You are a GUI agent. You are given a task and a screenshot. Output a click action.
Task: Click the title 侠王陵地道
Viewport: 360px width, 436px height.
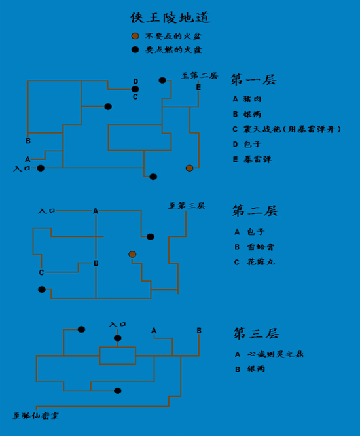click(x=170, y=18)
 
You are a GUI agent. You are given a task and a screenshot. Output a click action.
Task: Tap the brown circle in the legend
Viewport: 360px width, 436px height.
click(x=135, y=36)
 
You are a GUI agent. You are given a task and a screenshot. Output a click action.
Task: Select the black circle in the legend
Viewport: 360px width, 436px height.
click(x=135, y=50)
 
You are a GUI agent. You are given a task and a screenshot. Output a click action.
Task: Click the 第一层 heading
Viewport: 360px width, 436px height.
click(x=253, y=80)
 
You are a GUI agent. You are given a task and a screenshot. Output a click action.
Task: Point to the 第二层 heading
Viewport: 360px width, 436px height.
click(x=255, y=211)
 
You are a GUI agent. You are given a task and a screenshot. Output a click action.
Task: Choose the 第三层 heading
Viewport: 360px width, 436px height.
click(x=256, y=333)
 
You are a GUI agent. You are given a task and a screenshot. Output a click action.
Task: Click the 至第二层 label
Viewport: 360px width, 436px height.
click(x=200, y=76)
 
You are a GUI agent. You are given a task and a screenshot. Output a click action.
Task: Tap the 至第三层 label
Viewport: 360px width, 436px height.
click(x=187, y=206)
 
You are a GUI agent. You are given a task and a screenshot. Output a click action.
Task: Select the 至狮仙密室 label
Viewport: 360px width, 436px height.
click(x=36, y=416)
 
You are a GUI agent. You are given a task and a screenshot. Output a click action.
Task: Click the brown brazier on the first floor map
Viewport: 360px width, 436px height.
click(x=190, y=168)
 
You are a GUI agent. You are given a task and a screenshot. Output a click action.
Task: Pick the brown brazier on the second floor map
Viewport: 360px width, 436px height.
click(x=132, y=255)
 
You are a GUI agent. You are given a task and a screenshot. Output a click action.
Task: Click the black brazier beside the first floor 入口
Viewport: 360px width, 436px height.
click(x=41, y=168)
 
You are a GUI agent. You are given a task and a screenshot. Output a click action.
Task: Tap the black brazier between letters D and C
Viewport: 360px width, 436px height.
click(x=135, y=89)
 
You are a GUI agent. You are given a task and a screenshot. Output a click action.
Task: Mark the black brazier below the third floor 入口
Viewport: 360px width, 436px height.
click(x=118, y=338)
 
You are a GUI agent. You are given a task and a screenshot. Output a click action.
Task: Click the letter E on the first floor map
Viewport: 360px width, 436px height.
click(x=198, y=87)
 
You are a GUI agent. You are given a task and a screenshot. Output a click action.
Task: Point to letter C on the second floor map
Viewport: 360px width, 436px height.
click(x=41, y=272)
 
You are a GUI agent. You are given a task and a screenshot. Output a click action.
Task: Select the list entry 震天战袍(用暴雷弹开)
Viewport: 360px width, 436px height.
click(x=292, y=130)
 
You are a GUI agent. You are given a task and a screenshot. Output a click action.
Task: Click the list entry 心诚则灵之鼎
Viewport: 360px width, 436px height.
click(x=275, y=354)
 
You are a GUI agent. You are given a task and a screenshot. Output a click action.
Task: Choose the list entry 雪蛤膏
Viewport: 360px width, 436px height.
click(x=261, y=247)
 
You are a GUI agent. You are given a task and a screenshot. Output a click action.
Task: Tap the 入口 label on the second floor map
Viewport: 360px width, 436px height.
click(x=46, y=211)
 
